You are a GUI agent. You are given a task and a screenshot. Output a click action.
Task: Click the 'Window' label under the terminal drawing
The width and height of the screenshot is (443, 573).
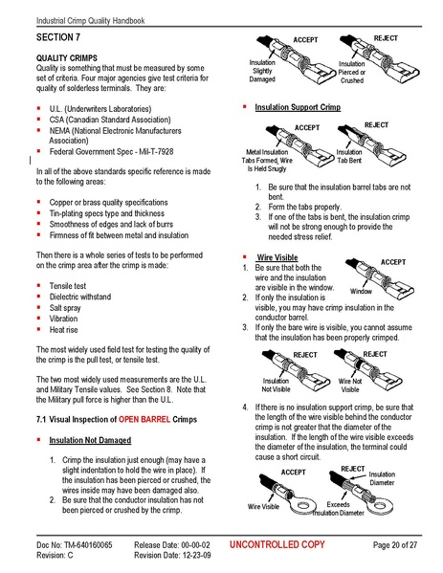(361, 291)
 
